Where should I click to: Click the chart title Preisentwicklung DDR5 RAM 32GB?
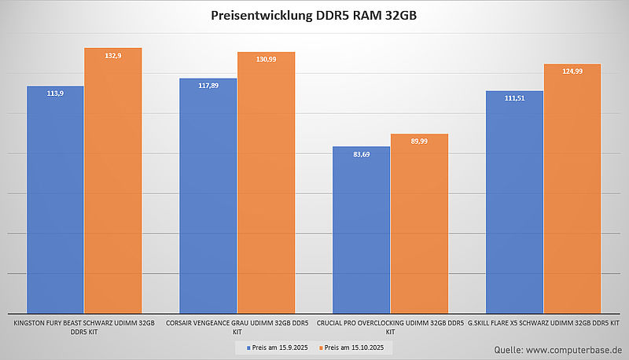pyautogui.click(x=314, y=16)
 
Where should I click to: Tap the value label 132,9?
pyautogui.click(x=113, y=56)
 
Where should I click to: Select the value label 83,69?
pyautogui.click(x=362, y=154)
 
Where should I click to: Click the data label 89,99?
pyautogui.click(x=419, y=141)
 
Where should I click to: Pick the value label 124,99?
pyautogui.click(x=572, y=72)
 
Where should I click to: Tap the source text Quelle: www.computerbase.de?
pyautogui.click(x=558, y=348)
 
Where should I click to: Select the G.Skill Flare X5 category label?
pyautogui.click(x=543, y=323)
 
